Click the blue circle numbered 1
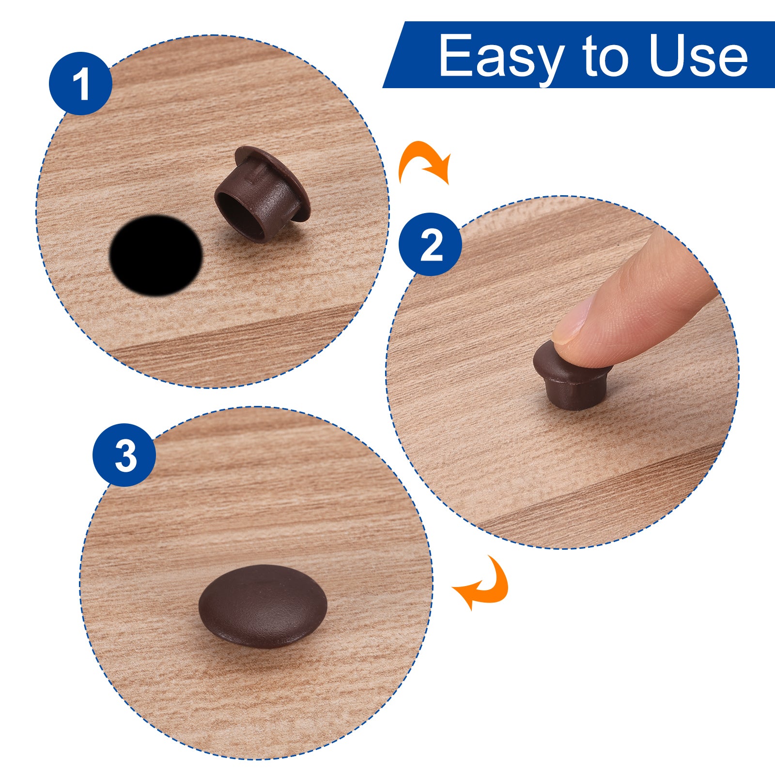click(80, 83)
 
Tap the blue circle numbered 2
click(430, 245)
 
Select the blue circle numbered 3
click(124, 455)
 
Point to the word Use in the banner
click(698, 56)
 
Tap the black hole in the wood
click(155, 255)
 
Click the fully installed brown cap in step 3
click(263, 606)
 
